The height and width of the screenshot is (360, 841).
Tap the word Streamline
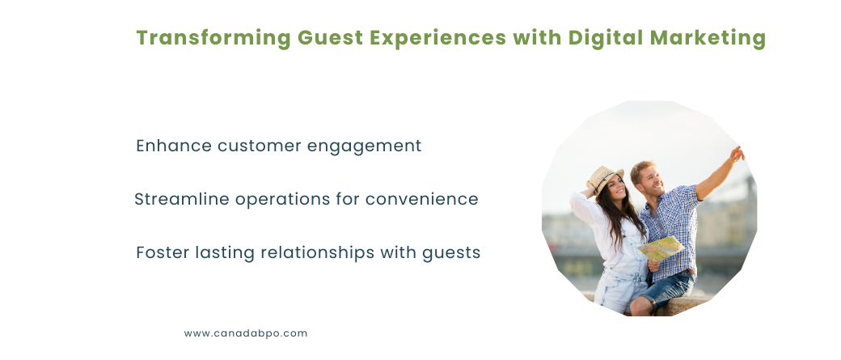(182, 199)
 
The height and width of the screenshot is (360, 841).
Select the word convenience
(421, 200)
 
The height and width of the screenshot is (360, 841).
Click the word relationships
(317, 252)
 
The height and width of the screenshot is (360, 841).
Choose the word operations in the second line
(283, 200)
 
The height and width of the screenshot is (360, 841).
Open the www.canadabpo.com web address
(246, 333)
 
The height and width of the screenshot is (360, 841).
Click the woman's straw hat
(606, 178)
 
